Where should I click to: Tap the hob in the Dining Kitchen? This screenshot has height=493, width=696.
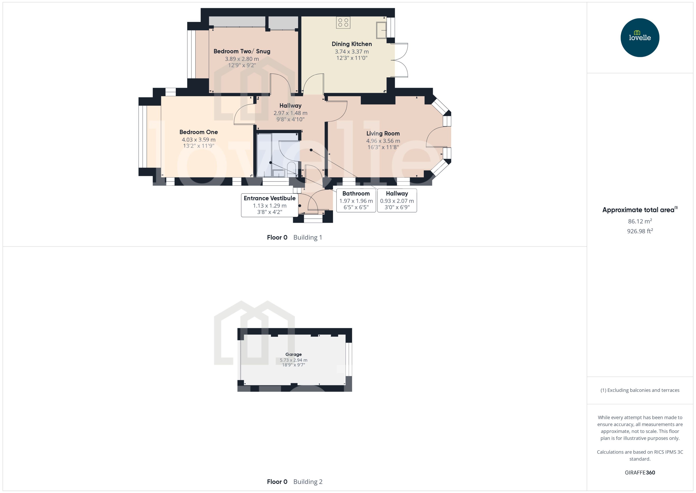[343, 22]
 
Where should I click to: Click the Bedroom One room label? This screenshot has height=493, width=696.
[199, 132]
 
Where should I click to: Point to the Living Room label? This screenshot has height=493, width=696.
[383, 134]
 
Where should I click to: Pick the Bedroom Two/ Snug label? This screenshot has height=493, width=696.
[242, 51]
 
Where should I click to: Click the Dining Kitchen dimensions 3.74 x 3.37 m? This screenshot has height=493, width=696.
[352, 52]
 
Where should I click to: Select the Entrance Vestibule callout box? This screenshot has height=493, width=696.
[269, 205]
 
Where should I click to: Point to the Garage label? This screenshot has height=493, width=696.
[293, 354]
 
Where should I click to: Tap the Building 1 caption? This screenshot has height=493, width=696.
[307, 237]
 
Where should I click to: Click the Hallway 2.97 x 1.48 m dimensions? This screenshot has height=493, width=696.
[290, 113]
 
